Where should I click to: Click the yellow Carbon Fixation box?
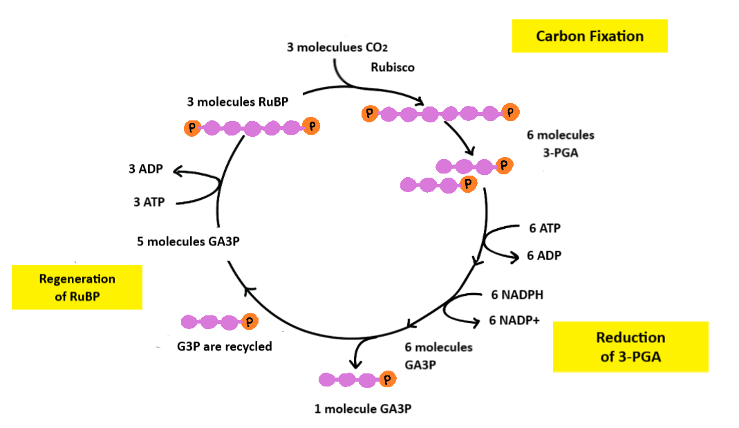tap(590, 36)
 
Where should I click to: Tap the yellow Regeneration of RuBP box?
tap(77, 287)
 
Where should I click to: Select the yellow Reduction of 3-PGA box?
tap(630, 346)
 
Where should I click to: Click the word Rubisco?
tap(393, 68)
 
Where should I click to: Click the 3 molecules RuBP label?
tap(237, 102)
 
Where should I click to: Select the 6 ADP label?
tap(544, 255)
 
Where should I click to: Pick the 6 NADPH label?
tap(517, 295)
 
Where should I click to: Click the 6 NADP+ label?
tap(514, 320)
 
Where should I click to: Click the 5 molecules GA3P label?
tap(193, 241)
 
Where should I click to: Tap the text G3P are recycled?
tap(224, 346)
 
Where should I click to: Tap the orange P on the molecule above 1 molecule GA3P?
tap(387, 379)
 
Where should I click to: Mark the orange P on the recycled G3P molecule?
tap(250, 322)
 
